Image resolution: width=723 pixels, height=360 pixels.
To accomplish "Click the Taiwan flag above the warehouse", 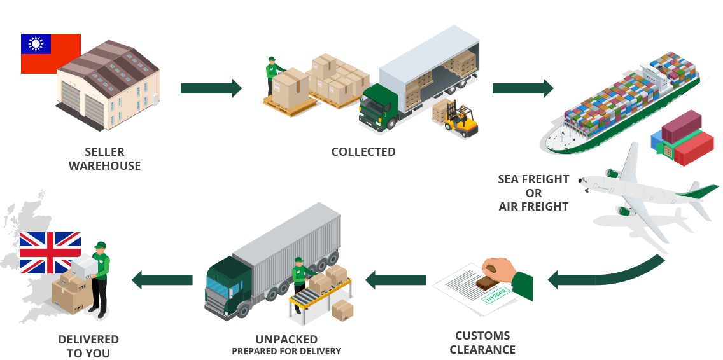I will tap(50, 53).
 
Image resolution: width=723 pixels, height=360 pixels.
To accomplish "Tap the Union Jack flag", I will tap(50, 253).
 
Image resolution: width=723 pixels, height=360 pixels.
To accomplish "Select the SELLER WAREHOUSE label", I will tap(104, 159).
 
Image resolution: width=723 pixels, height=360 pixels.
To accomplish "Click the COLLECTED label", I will tap(363, 152).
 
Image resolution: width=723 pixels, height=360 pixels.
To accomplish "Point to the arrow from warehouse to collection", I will tap(211, 88).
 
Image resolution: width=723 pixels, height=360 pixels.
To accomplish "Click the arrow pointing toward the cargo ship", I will tap(523, 88).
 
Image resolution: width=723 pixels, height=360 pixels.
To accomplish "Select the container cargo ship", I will tap(621, 105).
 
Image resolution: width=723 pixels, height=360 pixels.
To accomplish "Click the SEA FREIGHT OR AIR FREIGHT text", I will tap(533, 193).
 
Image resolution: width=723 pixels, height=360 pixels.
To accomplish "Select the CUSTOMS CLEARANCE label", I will tap(483, 343).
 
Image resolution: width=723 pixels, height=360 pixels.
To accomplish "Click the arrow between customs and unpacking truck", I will tap(395, 279).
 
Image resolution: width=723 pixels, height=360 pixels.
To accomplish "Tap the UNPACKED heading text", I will tap(286, 340).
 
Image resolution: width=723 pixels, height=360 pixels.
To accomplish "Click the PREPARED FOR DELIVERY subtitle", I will tap(286, 351).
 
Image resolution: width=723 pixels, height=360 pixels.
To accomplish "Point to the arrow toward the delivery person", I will tap(162, 279).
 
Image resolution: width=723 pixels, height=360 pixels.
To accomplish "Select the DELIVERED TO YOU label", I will tap(88, 346).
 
